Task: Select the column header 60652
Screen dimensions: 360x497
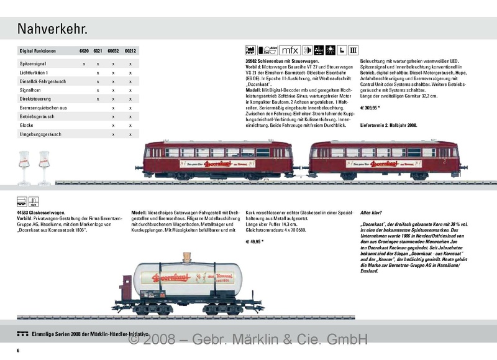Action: pos(113,53)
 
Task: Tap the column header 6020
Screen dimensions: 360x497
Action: pos(84,53)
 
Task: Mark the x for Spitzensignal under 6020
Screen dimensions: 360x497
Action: pos(84,64)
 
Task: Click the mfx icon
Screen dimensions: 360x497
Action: pos(289,50)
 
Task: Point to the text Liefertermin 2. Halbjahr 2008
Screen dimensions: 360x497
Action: pos(389,125)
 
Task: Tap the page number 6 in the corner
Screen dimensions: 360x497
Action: pos(19,352)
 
